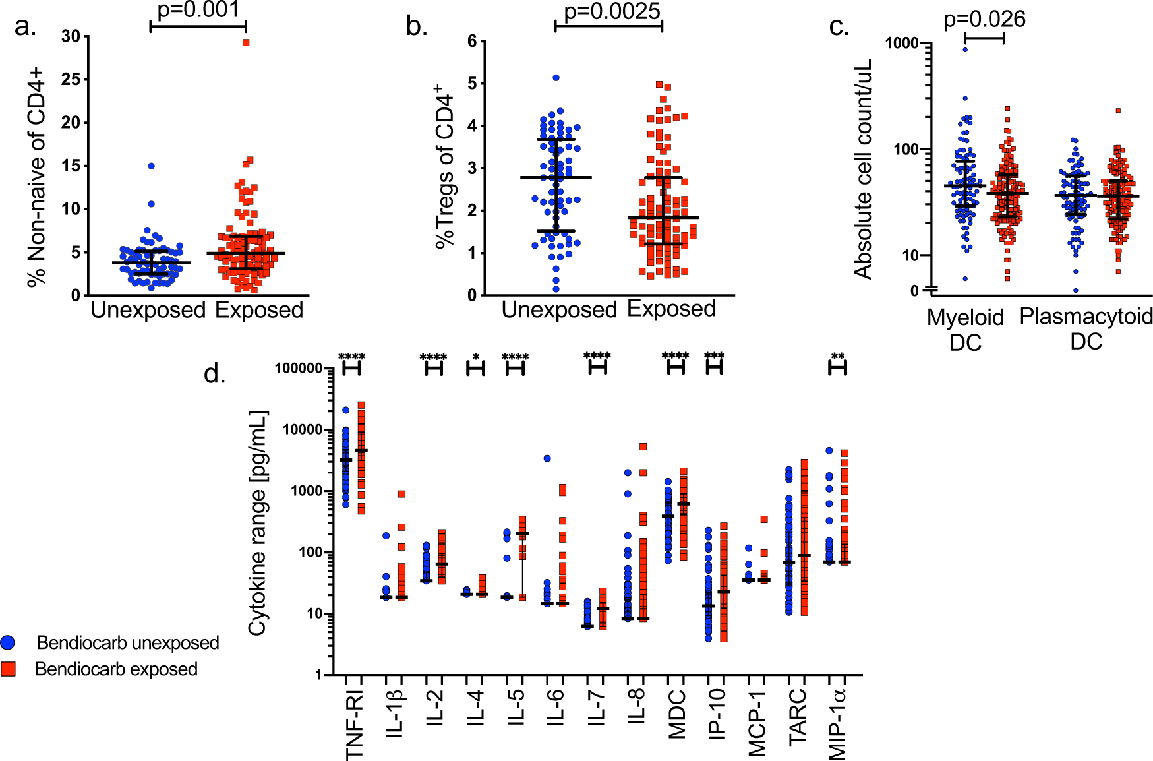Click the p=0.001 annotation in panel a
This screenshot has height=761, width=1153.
tap(198, 10)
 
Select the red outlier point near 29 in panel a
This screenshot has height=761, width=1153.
tap(246, 42)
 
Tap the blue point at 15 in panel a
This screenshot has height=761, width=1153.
tap(151, 166)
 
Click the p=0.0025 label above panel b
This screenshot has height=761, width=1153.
tap(612, 11)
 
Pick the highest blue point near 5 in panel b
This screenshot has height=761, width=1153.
tap(556, 78)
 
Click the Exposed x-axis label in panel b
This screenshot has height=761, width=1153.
tap(671, 309)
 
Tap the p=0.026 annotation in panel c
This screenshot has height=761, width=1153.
tap(984, 19)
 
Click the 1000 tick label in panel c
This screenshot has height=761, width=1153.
tap(901, 44)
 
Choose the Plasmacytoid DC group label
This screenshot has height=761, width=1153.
tap(1086, 328)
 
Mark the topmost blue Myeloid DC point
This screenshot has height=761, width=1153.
tap(965, 49)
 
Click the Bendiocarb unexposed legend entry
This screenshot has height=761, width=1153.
tap(127, 642)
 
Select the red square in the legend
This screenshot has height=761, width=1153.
tap(9, 669)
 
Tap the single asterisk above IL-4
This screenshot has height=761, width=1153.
tap(476, 357)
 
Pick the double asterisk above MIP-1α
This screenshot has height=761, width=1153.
tap(837, 357)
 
